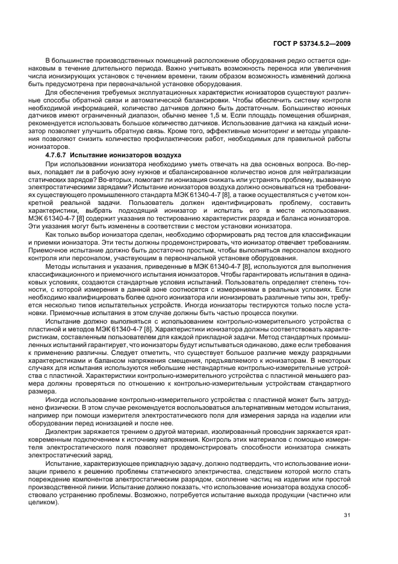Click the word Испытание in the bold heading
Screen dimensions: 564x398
pos(106,155)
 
